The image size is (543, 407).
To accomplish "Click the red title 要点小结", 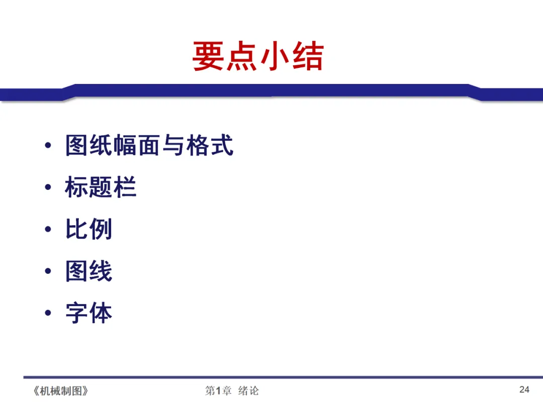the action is click(x=258, y=57).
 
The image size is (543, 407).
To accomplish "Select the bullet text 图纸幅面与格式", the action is click(x=149, y=146).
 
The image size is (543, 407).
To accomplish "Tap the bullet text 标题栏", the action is click(x=101, y=187).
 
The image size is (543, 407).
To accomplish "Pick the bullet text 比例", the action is click(x=88, y=230).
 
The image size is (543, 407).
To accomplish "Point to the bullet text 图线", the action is click(x=88, y=271).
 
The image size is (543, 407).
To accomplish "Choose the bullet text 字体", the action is click(x=88, y=313).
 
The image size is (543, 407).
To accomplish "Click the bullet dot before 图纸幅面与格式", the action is click(x=48, y=146).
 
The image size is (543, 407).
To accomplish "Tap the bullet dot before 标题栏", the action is click(x=48, y=188).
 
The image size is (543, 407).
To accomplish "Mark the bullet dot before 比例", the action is click(x=48, y=230).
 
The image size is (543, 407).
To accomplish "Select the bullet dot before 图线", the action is click(x=48, y=271).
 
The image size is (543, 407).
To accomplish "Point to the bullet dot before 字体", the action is click(x=48, y=313).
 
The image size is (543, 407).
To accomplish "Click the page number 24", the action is click(x=524, y=389).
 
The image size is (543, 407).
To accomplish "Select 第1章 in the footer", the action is click(x=218, y=391).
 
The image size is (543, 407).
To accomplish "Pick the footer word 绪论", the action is click(x=248, y=391).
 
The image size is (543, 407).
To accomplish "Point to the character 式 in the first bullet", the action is click(x=222, y=146).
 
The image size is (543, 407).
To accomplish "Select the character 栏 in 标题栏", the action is click(x=125, y=187).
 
